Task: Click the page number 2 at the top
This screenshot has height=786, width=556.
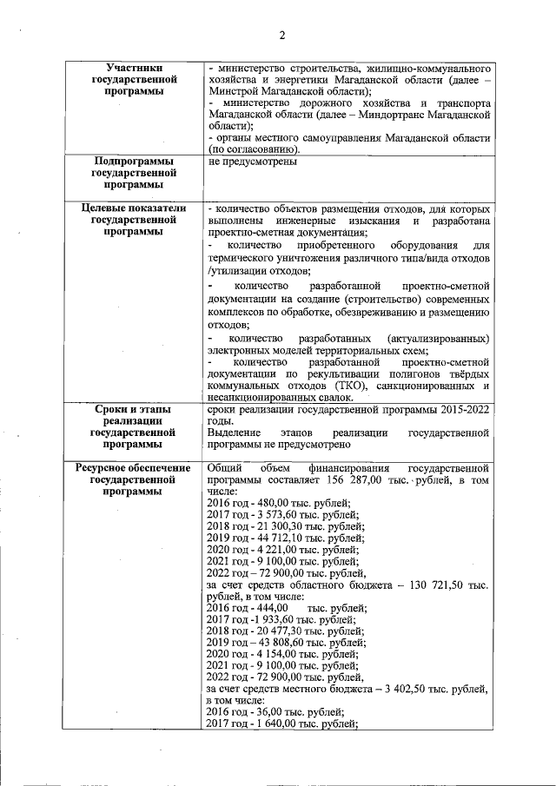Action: pos(282,36)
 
